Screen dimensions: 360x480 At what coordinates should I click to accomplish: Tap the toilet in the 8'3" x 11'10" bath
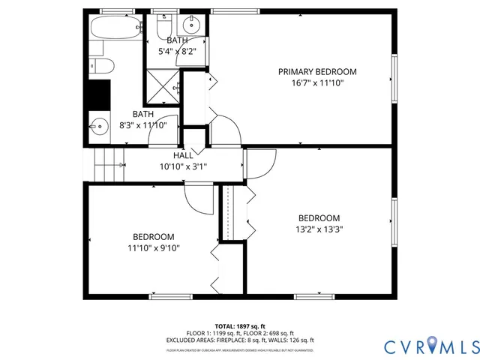(x=100, y=65)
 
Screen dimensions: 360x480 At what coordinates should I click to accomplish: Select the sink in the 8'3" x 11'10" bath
(x=97, y=125)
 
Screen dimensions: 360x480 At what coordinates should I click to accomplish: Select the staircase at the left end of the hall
(x=107, y=164)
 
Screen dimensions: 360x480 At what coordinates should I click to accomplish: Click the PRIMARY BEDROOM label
(x=317, y=72)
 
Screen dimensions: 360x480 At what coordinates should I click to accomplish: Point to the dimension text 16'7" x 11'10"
(x=317, y=83)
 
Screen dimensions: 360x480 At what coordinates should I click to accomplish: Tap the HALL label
(x=183, y=154)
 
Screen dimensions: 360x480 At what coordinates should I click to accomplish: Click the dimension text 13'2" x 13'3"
(x=319, y=229)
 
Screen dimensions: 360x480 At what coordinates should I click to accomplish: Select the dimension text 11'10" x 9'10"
(x=154, y=247)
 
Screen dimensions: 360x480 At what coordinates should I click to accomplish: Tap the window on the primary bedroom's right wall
(x=393, y=77)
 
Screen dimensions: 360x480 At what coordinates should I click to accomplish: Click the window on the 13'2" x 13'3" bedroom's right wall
(x=393, y=222)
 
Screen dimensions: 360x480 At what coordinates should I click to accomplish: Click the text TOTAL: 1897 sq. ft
(x=240, y=326)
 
